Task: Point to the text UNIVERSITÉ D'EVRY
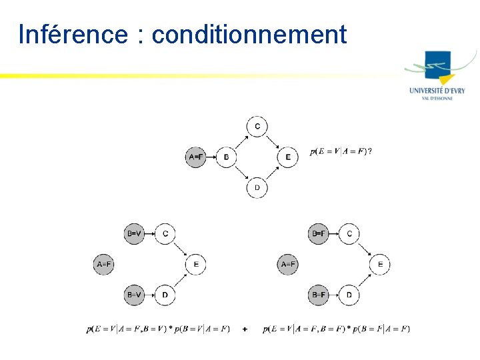coord(437,91)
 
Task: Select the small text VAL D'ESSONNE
coord(437,98)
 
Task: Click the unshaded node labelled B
coord(227,157)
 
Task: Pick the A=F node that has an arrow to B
coord(195,157)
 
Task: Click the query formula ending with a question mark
coord(341,151)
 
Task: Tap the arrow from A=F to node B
coord(211,157)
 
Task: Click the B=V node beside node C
coord(134,234)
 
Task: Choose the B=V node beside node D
coord(134,294)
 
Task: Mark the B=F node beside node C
coord(319,234)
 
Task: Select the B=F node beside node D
coord(319,294)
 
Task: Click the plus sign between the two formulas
coord(245,329)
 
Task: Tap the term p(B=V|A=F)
coord(202,329)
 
